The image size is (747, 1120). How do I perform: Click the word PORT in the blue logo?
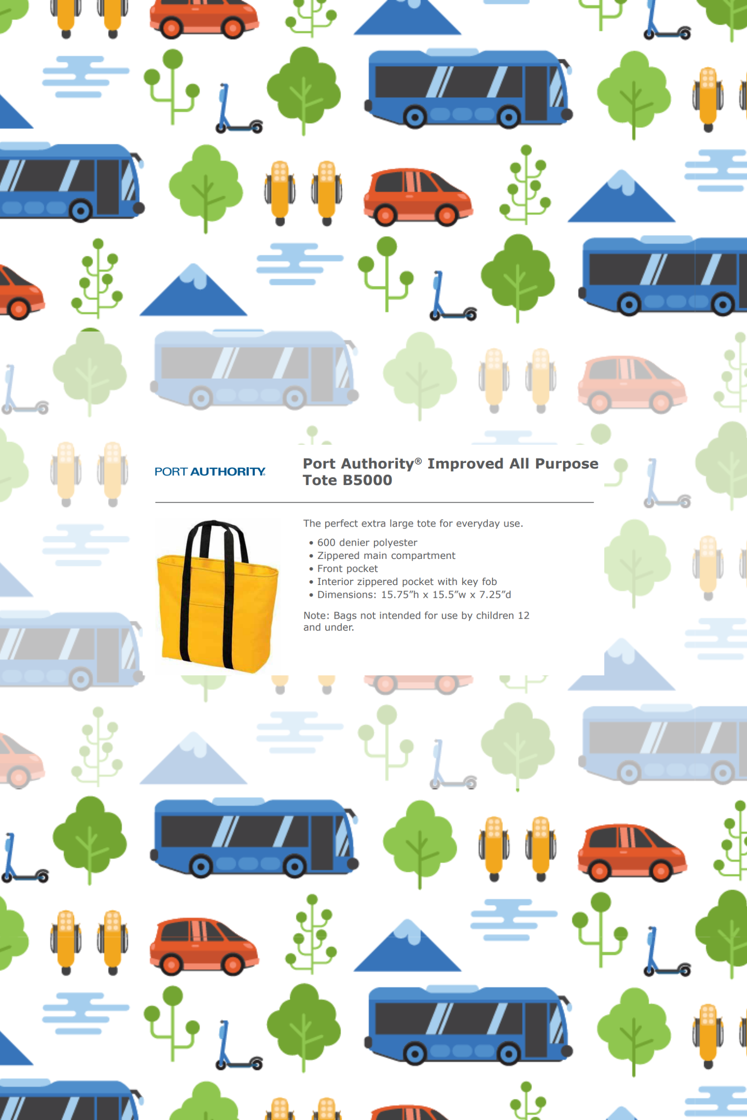[x=171, y=471]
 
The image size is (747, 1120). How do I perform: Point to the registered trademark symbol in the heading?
[x=418, y=460]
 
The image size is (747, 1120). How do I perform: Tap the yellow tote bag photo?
[x=217, y=596]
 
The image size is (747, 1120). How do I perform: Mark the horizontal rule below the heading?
[x=374, y=502]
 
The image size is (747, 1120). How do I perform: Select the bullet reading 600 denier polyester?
[x=367, y=542]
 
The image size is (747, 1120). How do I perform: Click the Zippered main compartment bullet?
[x=386, y=555]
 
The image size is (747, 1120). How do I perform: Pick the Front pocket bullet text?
[x=347, y=569]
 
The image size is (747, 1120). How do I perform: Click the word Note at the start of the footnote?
[x=315, y=615]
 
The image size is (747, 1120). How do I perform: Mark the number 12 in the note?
[x=524, y=615]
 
